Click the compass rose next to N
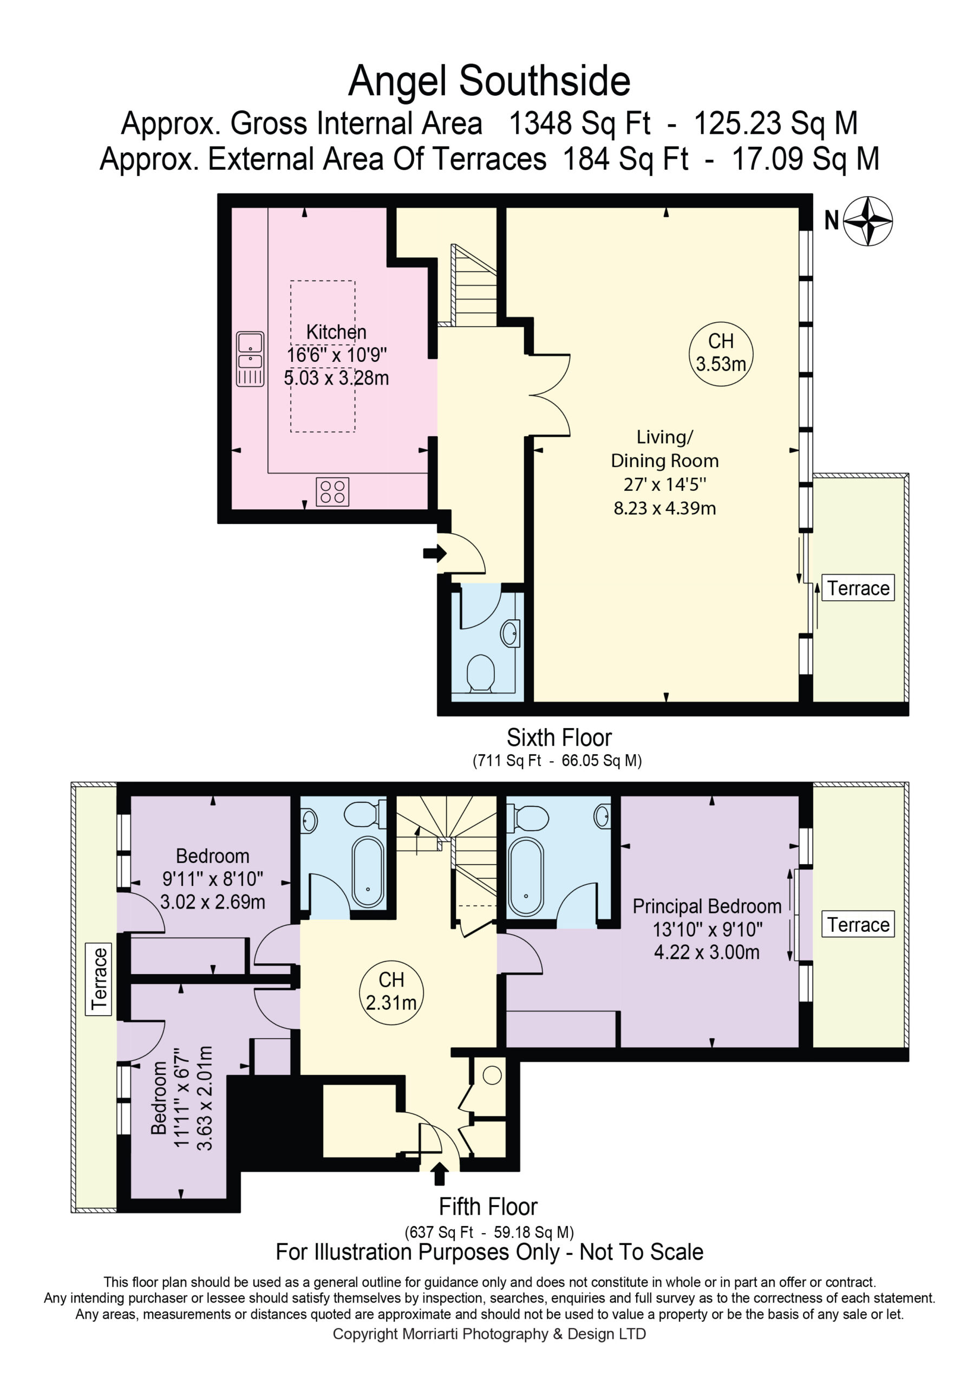868,221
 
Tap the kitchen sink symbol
250,359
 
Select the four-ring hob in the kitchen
332,491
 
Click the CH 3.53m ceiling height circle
721,353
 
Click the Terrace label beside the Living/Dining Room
858,588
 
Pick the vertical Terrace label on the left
99,978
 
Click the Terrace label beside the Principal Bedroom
858,924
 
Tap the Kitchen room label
336,332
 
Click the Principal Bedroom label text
707,906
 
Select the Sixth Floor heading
559,737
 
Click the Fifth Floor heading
488,1207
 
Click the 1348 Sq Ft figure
580,123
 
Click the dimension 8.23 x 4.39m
665,508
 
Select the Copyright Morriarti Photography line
489,1334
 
